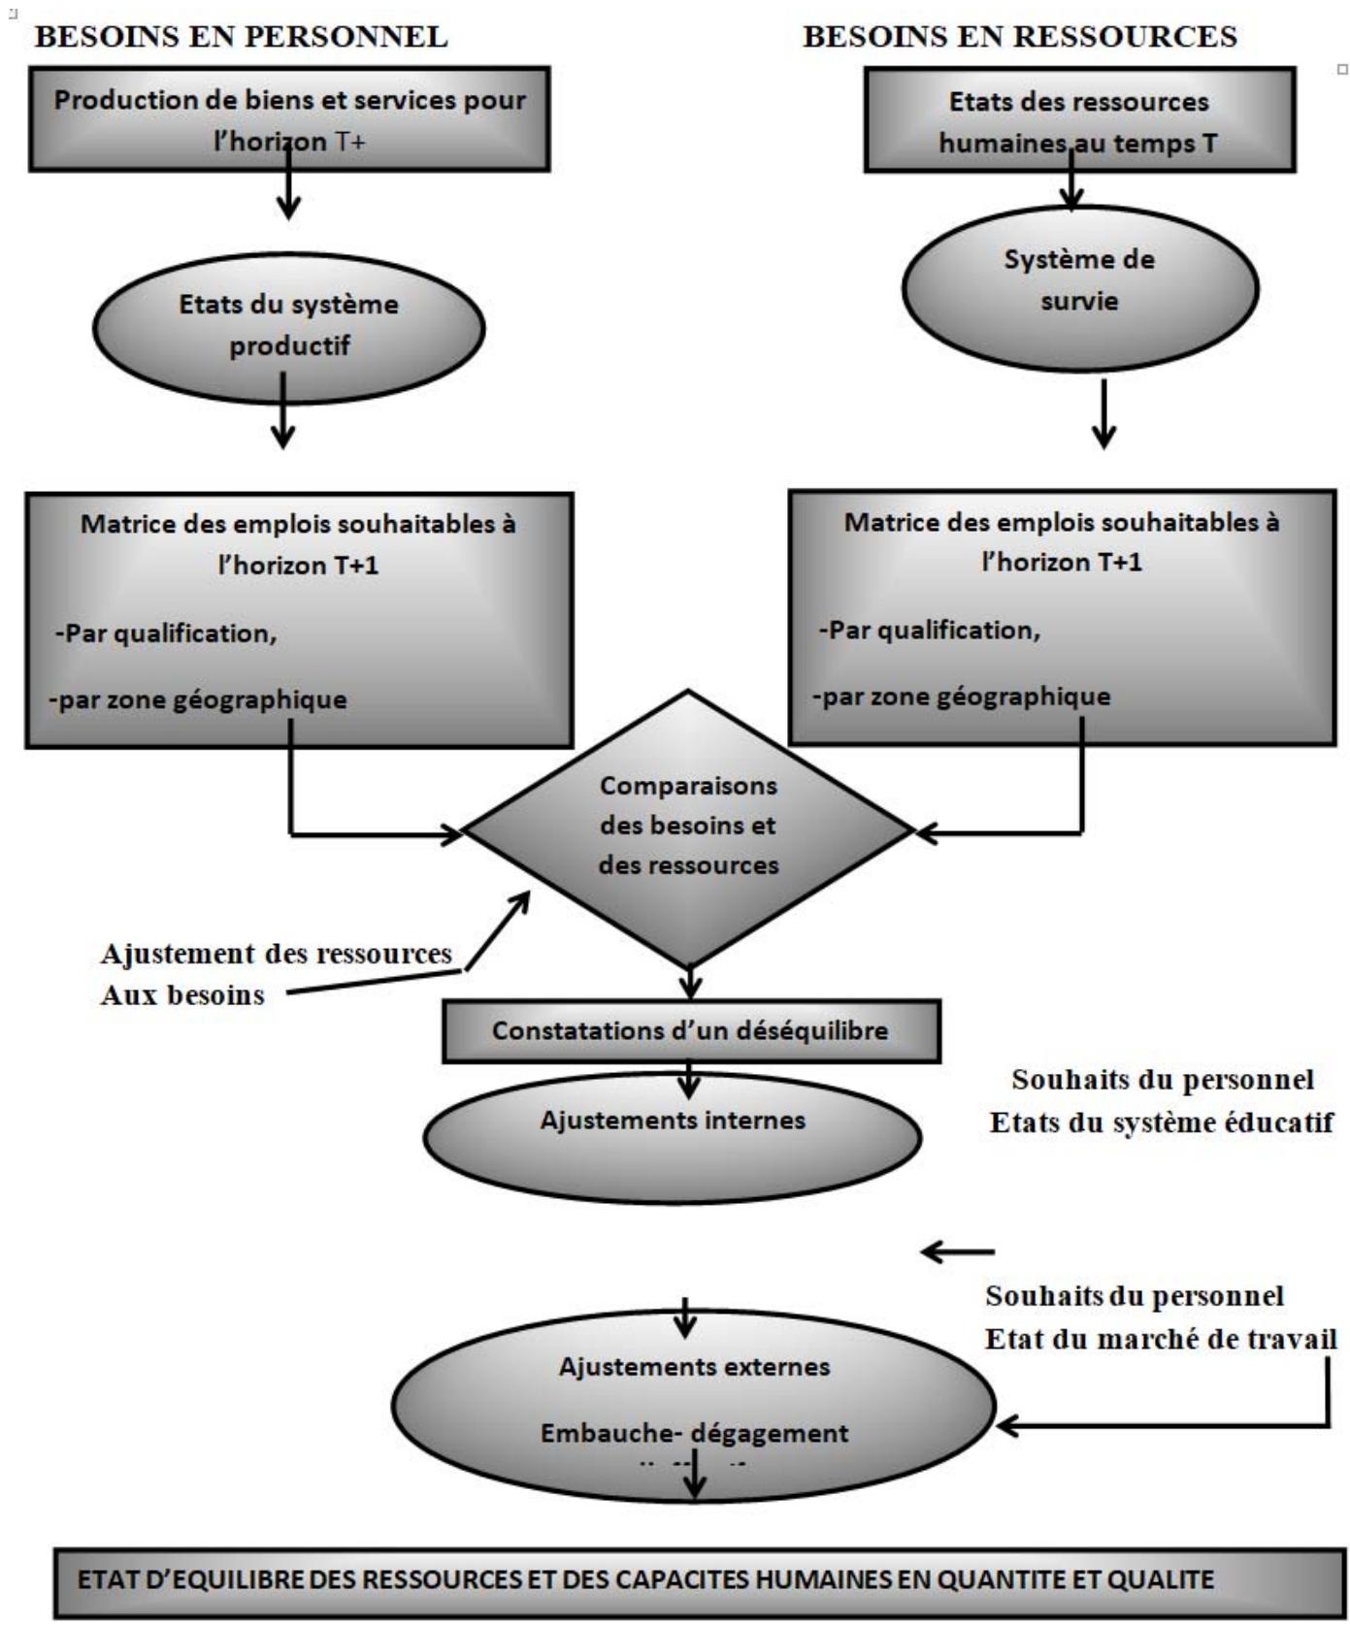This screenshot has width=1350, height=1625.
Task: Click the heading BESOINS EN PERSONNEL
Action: click(241, 37)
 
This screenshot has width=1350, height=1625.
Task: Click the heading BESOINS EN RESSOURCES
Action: click(1020, 37)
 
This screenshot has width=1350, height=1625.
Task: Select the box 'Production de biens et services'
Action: click(289, 118)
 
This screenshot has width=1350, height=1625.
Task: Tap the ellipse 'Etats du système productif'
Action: click(288, 326)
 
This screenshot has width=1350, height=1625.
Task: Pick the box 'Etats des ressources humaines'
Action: click(1079, 120)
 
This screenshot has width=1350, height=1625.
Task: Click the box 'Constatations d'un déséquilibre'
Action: click(690, 1030)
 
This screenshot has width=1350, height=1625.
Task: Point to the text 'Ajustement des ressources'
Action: click(277, 954)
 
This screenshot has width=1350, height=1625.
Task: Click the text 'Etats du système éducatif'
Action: click(1162, 1122)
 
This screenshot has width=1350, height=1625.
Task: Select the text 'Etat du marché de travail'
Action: click(1161, 1340)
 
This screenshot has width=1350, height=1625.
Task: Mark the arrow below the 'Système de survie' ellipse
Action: click(1103, 414)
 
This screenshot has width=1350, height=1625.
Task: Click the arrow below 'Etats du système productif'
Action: click(282, 412)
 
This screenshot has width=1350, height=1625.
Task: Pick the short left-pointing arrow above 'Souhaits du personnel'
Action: click(958, 1252)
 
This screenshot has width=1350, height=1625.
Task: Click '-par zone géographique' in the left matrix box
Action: click(199, 699)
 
